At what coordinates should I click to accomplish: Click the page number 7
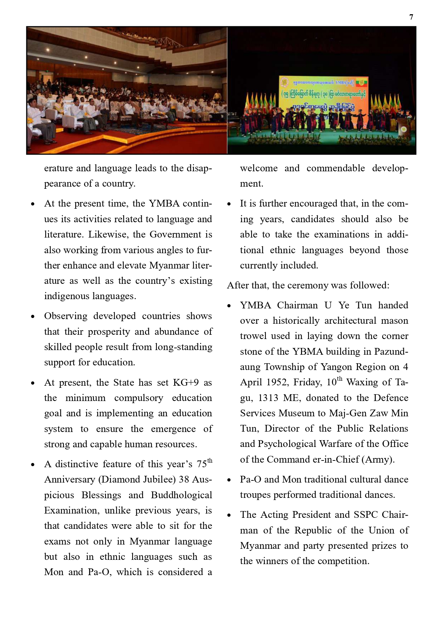411,17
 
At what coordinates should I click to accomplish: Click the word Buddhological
181,495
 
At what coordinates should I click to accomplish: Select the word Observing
65,316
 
